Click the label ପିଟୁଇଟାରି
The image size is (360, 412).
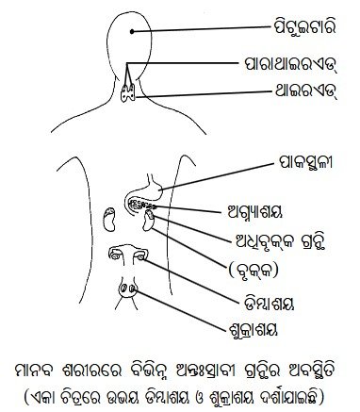[303, 28]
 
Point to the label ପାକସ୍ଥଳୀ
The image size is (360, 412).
[305, 164]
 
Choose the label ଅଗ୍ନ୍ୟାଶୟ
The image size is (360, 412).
[254, 212]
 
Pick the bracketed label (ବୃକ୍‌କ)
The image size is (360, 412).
[254, 270]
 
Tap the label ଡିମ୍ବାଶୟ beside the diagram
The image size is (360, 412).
[270, 304]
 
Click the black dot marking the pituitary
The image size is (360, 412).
[132, 31]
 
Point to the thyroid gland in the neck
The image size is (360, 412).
[128, 92]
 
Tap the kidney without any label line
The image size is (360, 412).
[109, 220]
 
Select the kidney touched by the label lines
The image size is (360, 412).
[148, 221]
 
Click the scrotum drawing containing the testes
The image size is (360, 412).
[127, 288]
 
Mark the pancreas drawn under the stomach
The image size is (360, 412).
[142, 206]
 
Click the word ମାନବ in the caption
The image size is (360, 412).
[38, 370]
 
